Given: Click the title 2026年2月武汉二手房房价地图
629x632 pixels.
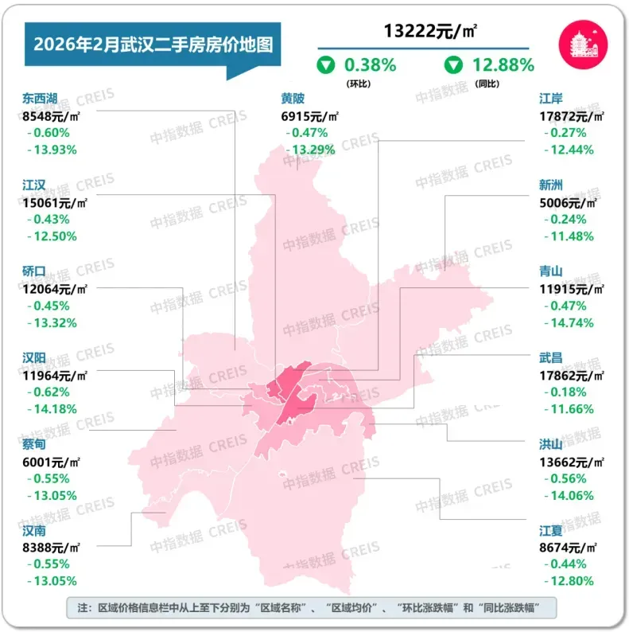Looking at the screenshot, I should coord(152,44).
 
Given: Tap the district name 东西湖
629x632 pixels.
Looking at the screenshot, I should coord(41,99).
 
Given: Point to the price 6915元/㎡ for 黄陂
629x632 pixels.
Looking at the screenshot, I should coord(310,116).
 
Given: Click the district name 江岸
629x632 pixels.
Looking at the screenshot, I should coord(551,99).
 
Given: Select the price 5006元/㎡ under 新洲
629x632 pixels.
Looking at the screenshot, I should coord(571,202).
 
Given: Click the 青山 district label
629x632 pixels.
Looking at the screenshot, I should coord(551,271).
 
